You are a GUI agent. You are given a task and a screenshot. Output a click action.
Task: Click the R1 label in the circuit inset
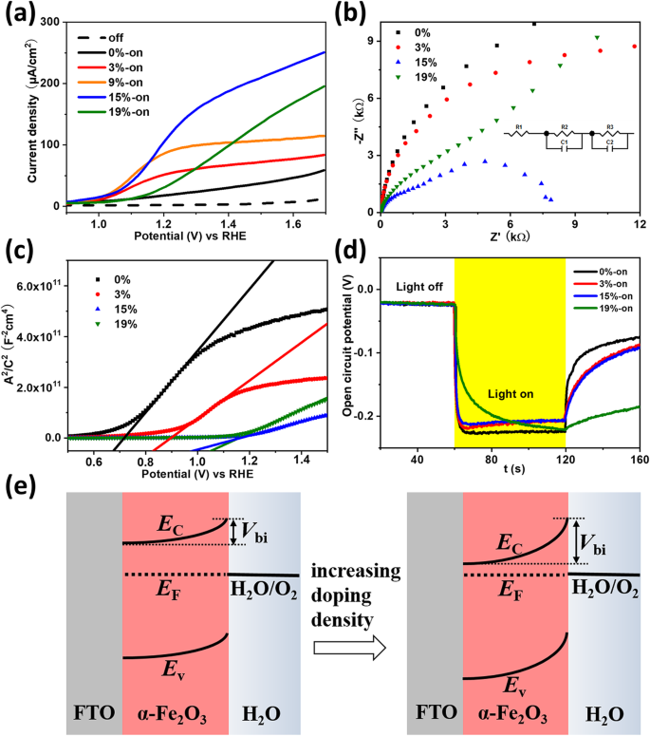520,125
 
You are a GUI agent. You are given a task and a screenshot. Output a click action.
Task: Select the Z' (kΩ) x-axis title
509,236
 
